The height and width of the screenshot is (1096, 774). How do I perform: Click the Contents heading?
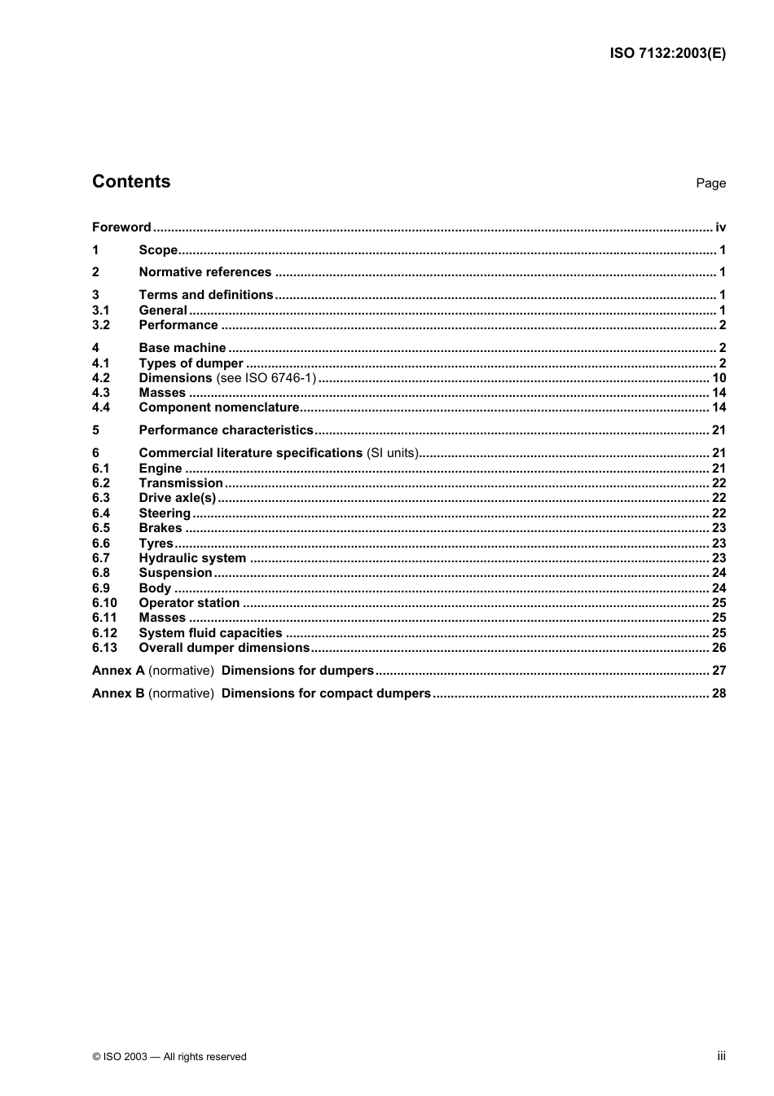coord(131,182)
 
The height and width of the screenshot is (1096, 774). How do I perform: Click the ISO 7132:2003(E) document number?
coord(667,54)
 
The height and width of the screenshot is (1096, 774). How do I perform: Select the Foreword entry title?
coord(121,227)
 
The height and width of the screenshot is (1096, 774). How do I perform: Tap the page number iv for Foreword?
coord(720,227)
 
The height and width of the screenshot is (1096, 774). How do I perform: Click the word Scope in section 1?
coord(158,250)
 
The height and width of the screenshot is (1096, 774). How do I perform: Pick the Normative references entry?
coord(204,272)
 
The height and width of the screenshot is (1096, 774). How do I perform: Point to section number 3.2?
coord(101,325)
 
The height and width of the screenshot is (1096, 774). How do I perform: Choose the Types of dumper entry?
coord(191,363)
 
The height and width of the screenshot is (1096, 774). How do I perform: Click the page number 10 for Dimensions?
coord(719,378)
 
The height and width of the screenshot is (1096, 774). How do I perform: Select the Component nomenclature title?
coord(219,407)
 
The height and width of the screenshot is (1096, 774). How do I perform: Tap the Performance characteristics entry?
coord(226,430)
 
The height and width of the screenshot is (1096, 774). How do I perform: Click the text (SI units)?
coord(392,453)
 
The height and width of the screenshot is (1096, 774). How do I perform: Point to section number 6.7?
coord(101,558)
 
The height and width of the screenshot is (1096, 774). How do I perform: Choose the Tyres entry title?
coord(156,544)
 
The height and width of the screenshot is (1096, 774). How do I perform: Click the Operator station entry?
coord(189,603)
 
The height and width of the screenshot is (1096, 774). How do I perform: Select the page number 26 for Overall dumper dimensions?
coord(719,648)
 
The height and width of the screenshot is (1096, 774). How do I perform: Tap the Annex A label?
coord(118,671)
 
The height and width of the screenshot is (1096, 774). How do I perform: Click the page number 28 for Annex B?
coord(719,693)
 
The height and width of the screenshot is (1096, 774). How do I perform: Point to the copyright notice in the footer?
coord(169,1057)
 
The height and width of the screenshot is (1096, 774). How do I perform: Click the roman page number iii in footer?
coord(721,1056)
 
